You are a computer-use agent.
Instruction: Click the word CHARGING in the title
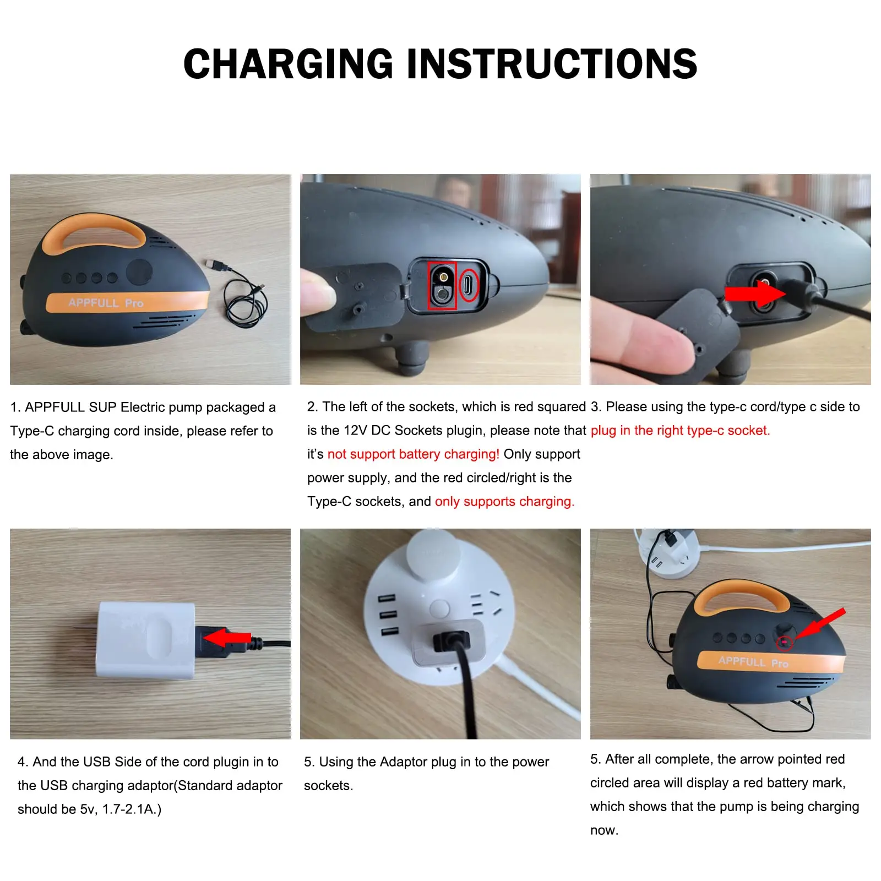tap(288, 64)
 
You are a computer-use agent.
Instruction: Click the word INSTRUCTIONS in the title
tap(552, 64)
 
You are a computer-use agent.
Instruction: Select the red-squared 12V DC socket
tap(442, 285)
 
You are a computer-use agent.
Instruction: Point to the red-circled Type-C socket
tap(469, 285)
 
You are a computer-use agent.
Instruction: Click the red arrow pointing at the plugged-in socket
tap(754, 293)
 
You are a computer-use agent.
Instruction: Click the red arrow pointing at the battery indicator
tap(820, 624)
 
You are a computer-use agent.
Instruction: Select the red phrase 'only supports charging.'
tap(504, 502)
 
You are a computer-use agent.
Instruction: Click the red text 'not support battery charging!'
tap(413, 454)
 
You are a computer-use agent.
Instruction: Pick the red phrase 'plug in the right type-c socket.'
tap(680, 431)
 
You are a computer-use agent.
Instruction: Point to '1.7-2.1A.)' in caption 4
tap(132, 809)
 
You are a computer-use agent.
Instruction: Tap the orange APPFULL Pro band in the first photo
tap(127, 302)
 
